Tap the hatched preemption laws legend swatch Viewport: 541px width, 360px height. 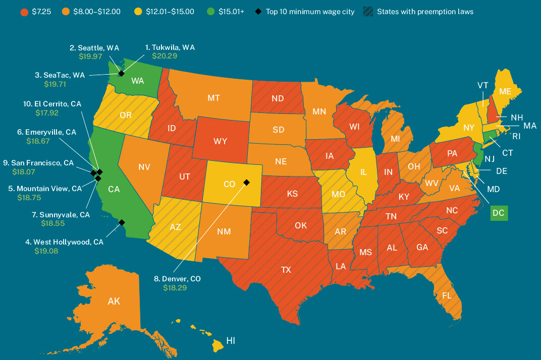[368, 11]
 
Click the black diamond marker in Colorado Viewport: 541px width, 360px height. [247, 182]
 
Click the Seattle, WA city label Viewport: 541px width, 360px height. [94, 47]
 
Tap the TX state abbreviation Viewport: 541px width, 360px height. [286, 270]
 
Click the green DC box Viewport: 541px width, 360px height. [499, 213]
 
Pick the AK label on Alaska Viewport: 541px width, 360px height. [114, 302]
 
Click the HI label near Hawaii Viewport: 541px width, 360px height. [231, 341]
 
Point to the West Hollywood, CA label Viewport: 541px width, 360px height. [65, 242]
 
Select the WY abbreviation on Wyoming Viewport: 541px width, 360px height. [220, 141]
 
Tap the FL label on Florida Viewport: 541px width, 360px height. [447, 296]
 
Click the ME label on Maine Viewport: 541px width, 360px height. [505, 91]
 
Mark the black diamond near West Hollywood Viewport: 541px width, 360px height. [121, 222]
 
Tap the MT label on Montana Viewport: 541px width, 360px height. [213, 98]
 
